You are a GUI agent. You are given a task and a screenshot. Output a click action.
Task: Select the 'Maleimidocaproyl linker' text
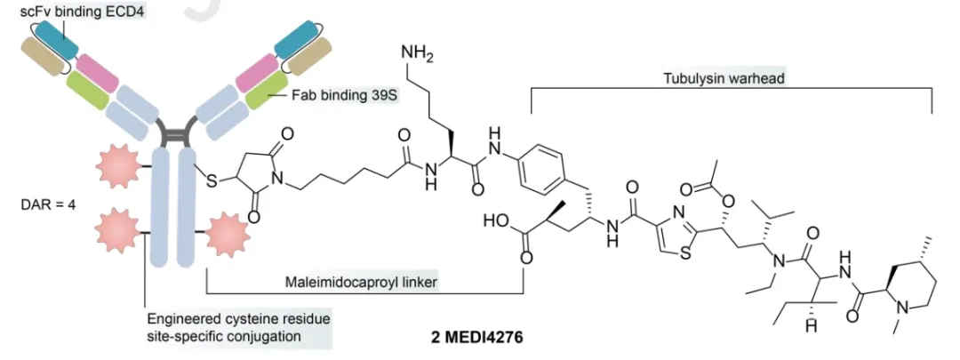pos(365,282)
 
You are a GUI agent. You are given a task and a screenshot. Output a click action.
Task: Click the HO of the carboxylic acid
pos(492,220)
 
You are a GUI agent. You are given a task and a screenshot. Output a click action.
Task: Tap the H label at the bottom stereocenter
pos(785,328)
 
